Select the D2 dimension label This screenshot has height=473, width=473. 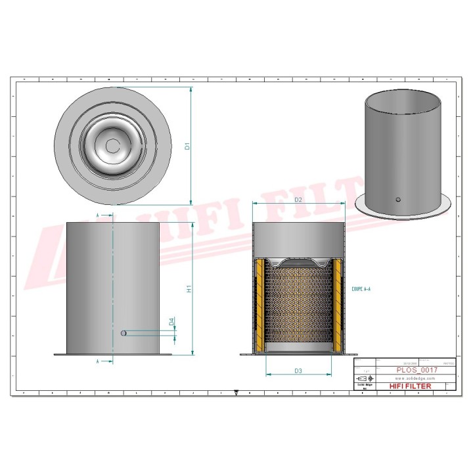click(298, 199)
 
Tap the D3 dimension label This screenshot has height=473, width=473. click(298, 371)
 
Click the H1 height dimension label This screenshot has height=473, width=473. click(188, 289)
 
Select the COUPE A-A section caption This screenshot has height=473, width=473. click(362, 289)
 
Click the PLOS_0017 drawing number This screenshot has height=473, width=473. click(416, 370)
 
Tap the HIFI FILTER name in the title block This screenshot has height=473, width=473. click(411, 386)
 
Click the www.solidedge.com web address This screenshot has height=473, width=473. click(411, 379)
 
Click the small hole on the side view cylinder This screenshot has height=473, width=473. click(123, 334)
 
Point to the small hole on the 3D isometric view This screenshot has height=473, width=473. click(398, 199)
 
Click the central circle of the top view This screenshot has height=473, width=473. click(113, 146)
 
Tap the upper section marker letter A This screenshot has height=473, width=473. click(99, 215)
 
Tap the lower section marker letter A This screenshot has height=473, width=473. click(99, 361)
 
